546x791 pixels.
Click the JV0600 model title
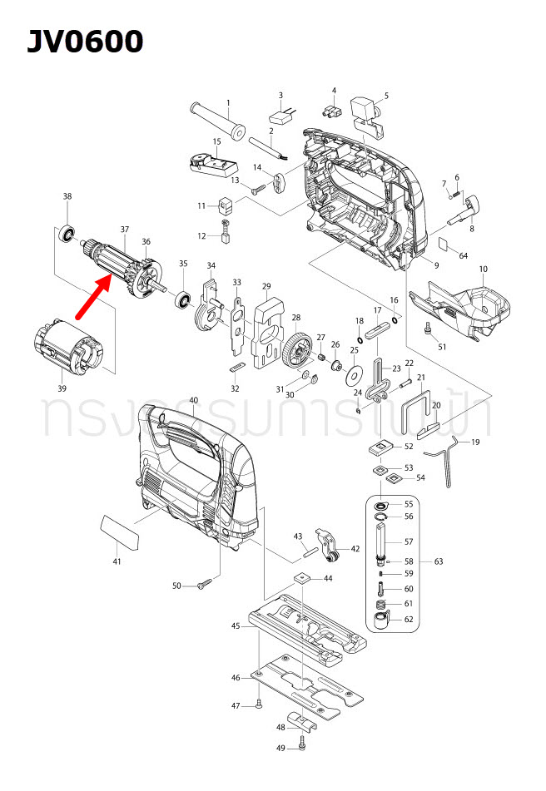point(85,41)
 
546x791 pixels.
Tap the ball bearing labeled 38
point(67,234)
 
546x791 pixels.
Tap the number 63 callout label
point(439,561)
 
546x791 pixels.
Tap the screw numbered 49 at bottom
point(302,748)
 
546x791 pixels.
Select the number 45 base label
point(236,625)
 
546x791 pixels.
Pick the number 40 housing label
point(194,400)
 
